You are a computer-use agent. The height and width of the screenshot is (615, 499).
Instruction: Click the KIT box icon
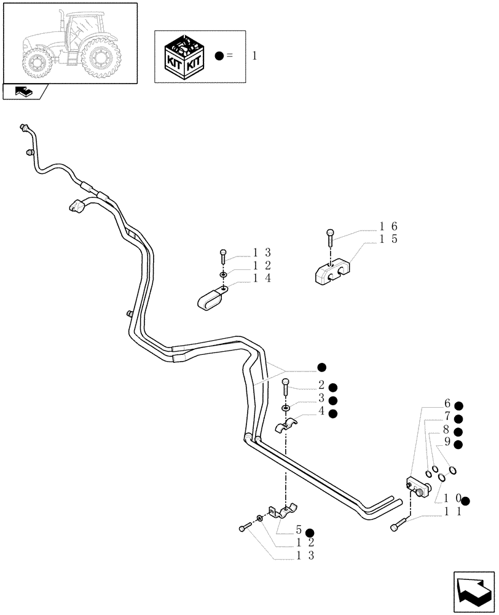183,56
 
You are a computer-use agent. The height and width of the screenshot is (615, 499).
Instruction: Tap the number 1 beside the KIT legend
254,56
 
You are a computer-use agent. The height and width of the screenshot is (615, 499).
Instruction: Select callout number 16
388,226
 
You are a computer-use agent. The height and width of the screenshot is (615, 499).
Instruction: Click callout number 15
388,239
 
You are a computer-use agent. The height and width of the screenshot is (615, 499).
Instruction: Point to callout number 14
262,278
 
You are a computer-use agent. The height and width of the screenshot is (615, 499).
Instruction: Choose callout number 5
298,530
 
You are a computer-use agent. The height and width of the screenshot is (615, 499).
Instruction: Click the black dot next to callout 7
458,418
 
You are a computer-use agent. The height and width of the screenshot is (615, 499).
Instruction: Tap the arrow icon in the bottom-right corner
473,592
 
